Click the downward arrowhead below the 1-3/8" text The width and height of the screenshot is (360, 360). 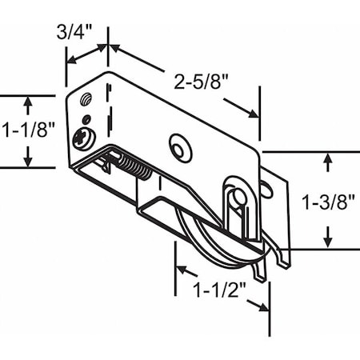(x=327, y=241)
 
